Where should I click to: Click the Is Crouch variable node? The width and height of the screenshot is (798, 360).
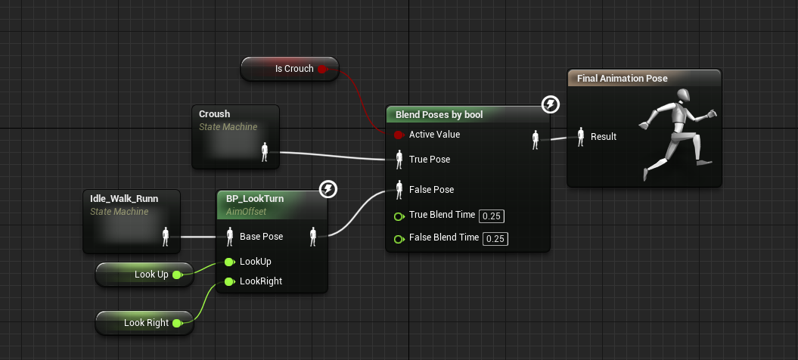click(290, 69)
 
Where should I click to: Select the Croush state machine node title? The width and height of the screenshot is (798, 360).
click(214, 114)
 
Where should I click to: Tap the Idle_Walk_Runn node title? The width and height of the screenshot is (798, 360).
click(125, 199)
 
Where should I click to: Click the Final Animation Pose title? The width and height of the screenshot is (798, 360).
click(623, 78)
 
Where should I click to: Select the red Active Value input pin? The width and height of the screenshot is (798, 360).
click(399, 135)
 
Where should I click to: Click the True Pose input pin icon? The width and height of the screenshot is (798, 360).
click(399, 160)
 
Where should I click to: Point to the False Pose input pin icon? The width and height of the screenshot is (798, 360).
click(399, 189)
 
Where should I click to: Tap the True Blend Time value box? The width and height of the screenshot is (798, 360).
click(492, 216)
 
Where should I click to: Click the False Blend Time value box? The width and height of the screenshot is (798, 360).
click(495, 239)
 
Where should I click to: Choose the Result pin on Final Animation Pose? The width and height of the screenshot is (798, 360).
click(581, 137)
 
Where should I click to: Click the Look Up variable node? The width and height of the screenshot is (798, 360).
click(144, 275)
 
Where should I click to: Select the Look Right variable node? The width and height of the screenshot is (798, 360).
click(144, 323)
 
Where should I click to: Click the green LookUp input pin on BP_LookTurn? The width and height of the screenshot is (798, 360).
click(229, 262)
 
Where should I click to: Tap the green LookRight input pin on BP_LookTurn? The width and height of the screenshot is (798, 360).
click(229, 281)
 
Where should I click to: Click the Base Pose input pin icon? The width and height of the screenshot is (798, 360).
click(230, 237)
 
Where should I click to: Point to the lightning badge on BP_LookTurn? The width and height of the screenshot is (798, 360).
click(328, 189)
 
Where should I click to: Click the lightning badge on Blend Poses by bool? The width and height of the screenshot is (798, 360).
click(551, 104)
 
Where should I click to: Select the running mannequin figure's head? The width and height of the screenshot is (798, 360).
click(683, 95)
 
